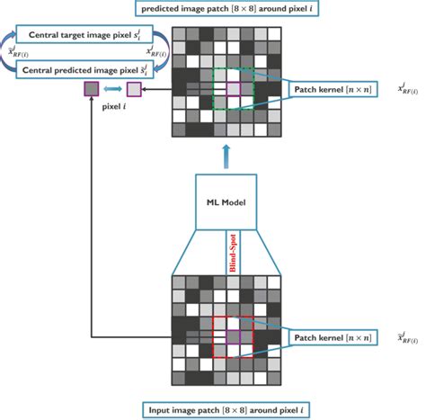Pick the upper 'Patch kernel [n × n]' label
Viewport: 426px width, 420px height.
point(331,91)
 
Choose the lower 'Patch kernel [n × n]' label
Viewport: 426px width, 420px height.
point(331,338)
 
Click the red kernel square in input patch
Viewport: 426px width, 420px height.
point(232,338)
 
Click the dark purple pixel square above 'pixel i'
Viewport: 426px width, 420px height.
point(91,89)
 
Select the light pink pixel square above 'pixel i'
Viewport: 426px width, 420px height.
point(134,89)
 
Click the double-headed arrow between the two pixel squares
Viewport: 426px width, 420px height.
point(112,89)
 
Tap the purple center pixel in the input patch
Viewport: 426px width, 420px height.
point(232,336)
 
